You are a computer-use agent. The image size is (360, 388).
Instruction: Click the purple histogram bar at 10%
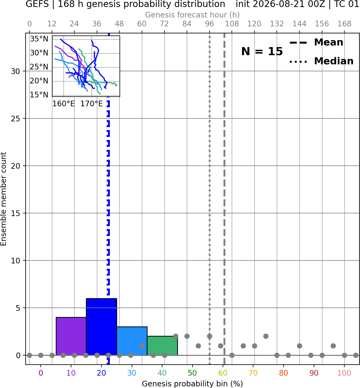coord(71,336)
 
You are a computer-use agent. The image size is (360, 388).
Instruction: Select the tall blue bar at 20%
coord(102,327)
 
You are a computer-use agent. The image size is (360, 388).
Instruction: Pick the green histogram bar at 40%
coord(162,345)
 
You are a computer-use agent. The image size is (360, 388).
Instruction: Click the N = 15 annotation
coord(262,52)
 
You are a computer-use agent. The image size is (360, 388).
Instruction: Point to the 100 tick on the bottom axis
coord(344,373)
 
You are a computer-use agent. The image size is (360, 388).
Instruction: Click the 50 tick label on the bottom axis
coord(192,373)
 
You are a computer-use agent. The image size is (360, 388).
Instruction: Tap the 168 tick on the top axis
coord(344,24)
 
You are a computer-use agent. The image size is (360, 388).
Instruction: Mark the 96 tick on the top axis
coord(209,24)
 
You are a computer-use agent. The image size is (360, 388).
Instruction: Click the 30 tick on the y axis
coord(16,71)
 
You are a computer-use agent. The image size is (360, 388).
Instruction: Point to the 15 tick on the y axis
coord(16,213)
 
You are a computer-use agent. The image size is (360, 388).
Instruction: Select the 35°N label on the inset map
coord(39,39)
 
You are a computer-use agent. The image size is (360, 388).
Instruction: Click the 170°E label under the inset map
coord(92,104)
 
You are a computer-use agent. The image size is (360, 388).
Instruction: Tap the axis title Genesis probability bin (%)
coord(192,384)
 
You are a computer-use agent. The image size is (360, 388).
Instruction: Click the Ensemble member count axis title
coord(4,199)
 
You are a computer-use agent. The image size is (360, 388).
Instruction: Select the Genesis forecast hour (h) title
coord(192,15)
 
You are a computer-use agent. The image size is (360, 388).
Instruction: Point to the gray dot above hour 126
coord(266,336)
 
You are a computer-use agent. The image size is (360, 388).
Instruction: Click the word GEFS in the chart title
coord(37,4)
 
